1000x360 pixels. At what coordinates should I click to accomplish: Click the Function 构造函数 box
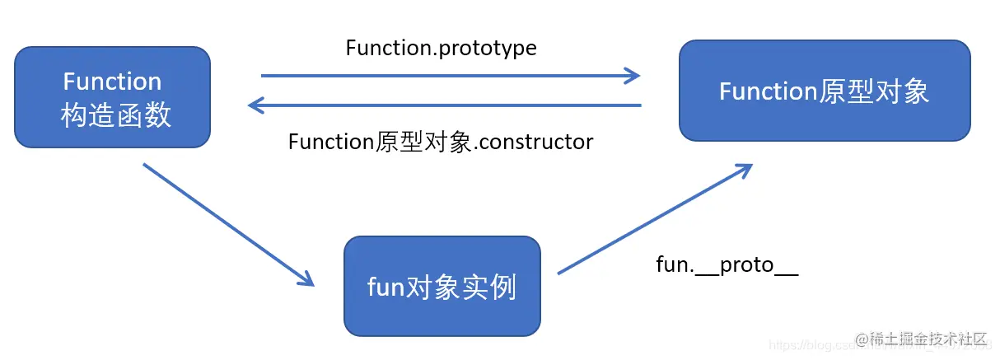(112, 97)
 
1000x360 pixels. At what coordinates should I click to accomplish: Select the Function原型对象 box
(825, 91)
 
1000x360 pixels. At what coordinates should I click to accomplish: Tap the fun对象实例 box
(442, 286)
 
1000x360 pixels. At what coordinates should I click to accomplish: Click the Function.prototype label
(441, 48)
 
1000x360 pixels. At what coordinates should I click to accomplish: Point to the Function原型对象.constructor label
(441, 142)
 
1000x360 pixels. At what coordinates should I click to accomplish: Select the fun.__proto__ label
(727, 264)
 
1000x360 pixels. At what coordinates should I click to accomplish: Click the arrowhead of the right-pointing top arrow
(633, 76)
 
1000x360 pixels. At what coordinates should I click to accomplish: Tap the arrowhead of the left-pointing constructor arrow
(256, 105)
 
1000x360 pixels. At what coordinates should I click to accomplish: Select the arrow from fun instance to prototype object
(655, 218)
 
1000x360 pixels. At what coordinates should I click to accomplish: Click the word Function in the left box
(112, 82)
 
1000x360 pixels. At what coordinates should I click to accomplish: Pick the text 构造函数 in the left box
(115, 115)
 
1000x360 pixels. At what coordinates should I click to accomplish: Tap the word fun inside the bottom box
(384, 288)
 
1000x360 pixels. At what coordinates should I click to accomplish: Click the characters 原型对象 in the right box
(874, 91)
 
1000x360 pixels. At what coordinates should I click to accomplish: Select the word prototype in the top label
(490, 49)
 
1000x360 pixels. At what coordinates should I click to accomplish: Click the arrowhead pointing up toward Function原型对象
(745, 168)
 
